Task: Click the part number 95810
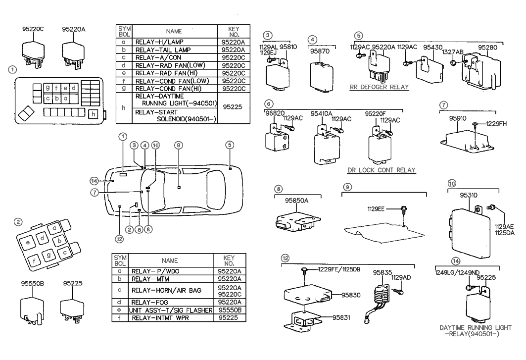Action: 288,47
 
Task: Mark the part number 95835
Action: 383,272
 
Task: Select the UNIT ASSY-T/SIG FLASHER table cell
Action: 170,310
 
